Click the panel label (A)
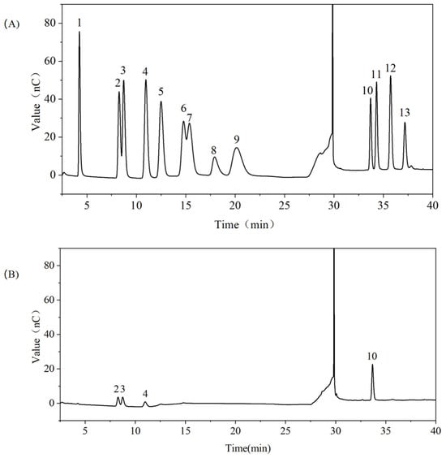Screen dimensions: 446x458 pos(11,24)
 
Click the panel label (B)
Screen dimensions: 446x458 pos(11,274)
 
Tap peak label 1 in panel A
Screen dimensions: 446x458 pos(79,24)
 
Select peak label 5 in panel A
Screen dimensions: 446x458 pos(161,92)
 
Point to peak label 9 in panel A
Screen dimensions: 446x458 pos(237,140)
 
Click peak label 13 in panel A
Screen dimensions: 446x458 pos(405,112)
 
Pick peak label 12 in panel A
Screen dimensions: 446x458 pos(391,68)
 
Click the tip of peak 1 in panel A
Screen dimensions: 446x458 pos(79,32)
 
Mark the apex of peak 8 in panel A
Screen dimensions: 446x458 pos(215,158)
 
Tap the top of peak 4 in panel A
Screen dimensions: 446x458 pos(146,80)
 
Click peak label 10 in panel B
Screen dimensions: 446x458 pos(372,356)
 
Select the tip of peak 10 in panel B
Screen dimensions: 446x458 pos(372,365)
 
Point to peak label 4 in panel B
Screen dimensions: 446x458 pos(145,394)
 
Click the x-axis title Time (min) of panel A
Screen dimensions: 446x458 pos(244,224)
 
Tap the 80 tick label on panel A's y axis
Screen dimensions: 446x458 pos(50,23)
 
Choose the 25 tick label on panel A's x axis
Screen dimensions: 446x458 pos(285,205)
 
